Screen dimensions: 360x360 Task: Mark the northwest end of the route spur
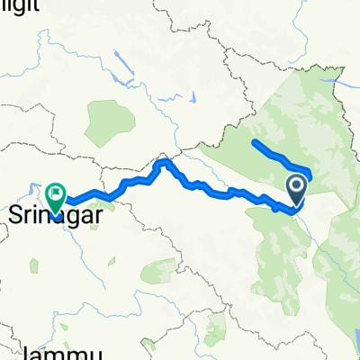coord(256,143)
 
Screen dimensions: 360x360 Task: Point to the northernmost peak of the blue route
coord(165,161)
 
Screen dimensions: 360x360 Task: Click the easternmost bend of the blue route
coord(310,173)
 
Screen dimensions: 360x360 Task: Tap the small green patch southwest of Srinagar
coord(33,266)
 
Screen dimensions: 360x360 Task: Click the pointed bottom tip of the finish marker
coord(56,215)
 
